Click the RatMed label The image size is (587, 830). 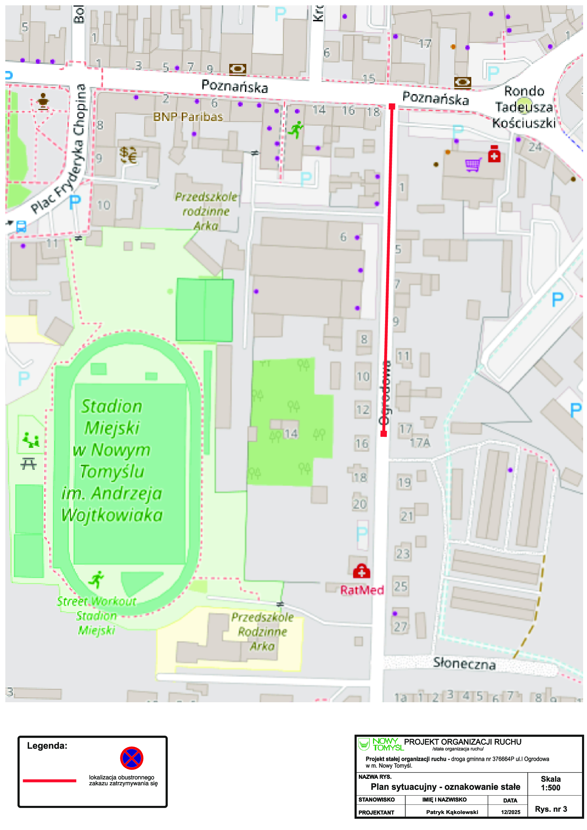(x=362, y=590)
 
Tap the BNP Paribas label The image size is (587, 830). (x=188, y=117)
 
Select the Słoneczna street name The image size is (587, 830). (x=464, y=664)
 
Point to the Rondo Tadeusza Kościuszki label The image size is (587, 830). (x=524, y=107)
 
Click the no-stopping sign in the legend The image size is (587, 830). (x=132, y=758)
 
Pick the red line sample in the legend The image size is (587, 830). (x=50, y=781)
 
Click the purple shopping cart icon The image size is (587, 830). (x=473, y=165)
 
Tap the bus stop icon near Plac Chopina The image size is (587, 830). (x=21, y=227)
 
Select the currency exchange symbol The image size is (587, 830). (x=128, y=155)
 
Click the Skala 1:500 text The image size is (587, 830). (x=550, y=784)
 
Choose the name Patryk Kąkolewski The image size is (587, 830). (x=452, y=812)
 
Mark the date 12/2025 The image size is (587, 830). (x=510, y=812)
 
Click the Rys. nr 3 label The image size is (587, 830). (x=551, y=809)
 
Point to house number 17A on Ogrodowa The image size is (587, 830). (x=420, y=443)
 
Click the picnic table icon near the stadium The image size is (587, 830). (x=28, y=464)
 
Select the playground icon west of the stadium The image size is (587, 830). (x=31, y=440)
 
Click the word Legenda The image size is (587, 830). (x=47, y=746)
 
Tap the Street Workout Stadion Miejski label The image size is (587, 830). (x=97, y=616)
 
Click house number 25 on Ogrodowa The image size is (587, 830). (x=400, y=586)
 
